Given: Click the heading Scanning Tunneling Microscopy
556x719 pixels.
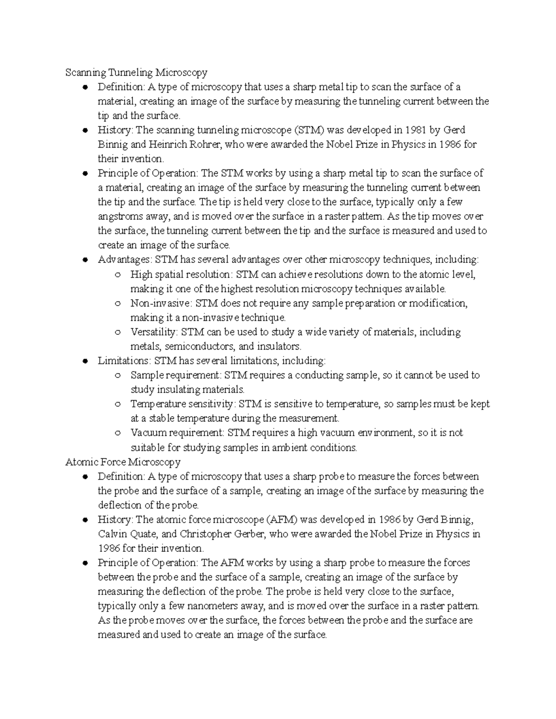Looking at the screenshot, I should (x=136, y=73).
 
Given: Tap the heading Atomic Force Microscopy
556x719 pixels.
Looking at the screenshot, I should (x=123, y=462).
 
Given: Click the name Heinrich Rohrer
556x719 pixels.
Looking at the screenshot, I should (x=186, y=144).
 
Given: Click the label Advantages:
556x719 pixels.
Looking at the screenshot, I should (x=125, y=260).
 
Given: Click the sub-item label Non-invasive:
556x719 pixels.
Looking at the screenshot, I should (x=161, y=303).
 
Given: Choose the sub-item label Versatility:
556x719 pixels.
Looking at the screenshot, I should (x=154, y=332).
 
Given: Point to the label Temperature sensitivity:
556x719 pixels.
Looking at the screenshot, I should (x=183, y=404).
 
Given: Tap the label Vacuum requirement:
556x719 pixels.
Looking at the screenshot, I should (x=177, y=433).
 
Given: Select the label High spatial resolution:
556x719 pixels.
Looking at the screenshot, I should (x=180, y=275).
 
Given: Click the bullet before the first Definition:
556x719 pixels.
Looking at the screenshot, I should (x=85, y=87).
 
